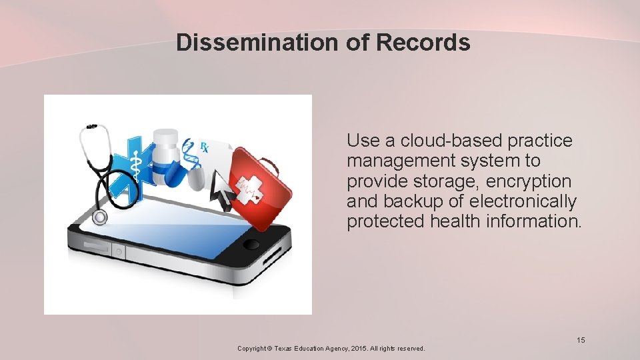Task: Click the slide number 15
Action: click(x=581, y=341)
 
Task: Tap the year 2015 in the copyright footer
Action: click(x=359, y=348)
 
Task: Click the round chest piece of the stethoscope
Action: click(x=100, y=217)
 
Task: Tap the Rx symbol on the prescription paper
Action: click(x=204, y=147)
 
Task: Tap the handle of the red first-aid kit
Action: click(x=270, y=163)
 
